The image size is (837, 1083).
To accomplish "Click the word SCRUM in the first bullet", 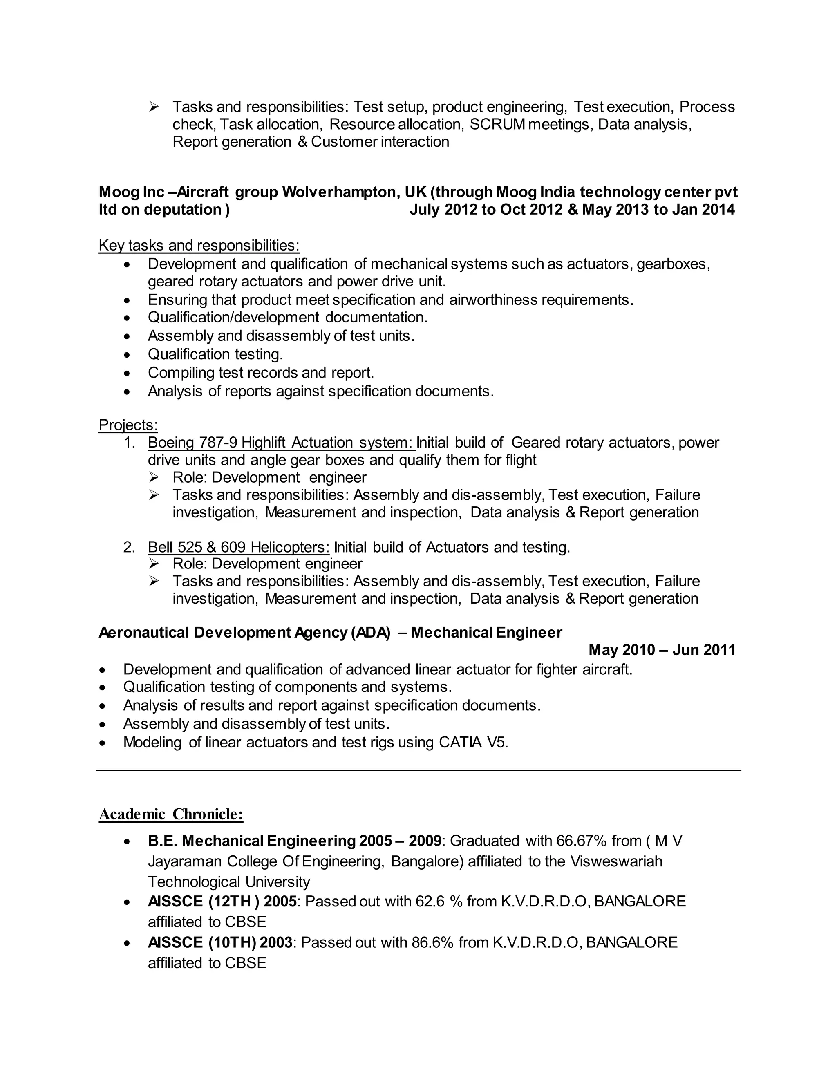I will point(497,124).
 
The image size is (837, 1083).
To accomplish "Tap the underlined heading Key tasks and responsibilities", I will point(199,246).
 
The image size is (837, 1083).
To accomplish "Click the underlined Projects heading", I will point(128,425).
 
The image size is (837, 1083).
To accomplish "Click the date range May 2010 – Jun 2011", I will point(662,650).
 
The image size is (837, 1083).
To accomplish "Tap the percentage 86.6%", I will point(432,942).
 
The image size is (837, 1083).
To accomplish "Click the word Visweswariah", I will point(616,861).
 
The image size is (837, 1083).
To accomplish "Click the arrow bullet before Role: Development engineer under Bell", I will point(154,564).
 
